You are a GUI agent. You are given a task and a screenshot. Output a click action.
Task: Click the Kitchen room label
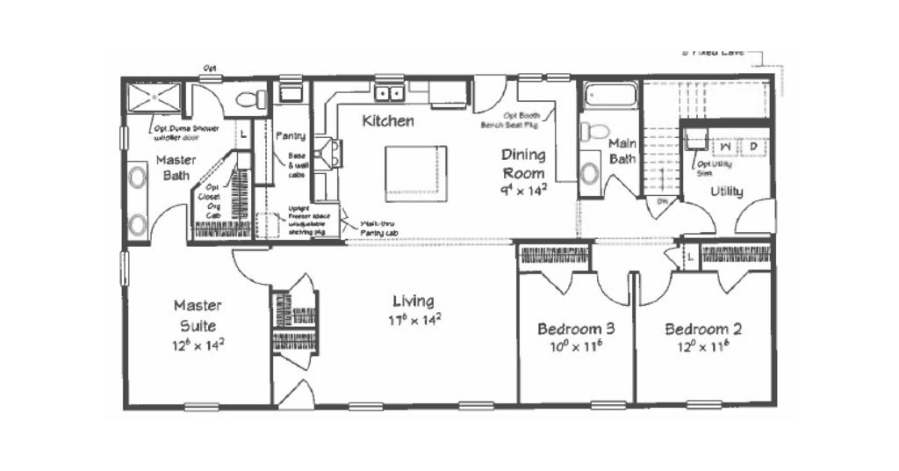(x=388, y=120)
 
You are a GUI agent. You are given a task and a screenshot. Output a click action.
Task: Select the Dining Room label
(x=523, y=163)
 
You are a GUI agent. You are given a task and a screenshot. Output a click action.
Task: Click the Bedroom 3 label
(x=575, y=329)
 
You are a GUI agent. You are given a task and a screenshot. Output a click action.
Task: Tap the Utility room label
(x=727, y=191)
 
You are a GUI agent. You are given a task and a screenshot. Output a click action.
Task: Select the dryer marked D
(x=753, y=146)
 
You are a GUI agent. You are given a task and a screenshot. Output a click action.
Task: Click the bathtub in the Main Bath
(x=611, y=95)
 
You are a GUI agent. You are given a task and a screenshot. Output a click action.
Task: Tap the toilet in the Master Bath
(x=250, y=99)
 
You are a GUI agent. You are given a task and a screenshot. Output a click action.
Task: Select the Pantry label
(x=290, y=137)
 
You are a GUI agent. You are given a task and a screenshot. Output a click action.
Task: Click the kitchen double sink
(x=390, y=92)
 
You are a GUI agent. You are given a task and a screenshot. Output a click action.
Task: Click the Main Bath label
(x=622, y=150)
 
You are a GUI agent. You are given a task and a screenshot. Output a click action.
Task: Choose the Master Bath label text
(x=176, y=168)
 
